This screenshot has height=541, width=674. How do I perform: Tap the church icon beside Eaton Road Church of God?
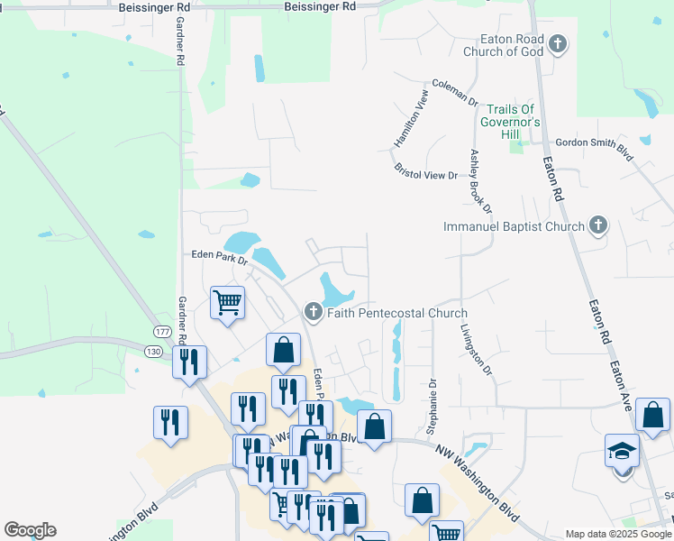[x=558, y=42]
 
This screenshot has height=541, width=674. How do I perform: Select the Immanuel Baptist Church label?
[x=515, y=227]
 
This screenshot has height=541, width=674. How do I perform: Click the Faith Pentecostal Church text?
[x=397, y=314]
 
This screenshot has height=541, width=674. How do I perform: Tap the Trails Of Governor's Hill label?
[x=509, y=121]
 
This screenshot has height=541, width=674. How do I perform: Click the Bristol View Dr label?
[x=426, y=171]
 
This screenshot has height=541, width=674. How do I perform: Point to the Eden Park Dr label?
[x=218, y=256]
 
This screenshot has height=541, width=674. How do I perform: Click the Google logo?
[x=30, y=530]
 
